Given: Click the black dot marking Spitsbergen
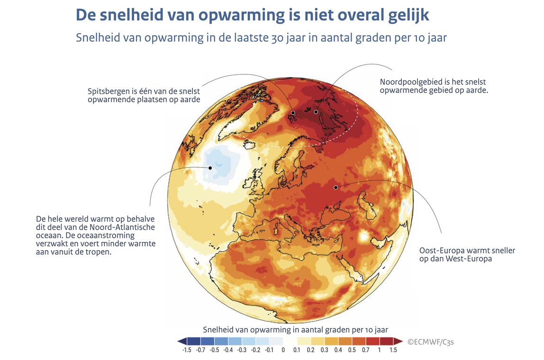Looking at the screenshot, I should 293,113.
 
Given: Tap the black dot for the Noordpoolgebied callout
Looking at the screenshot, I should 316,112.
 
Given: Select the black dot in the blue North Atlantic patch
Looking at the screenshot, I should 210,167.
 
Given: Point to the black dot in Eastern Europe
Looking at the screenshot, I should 335,187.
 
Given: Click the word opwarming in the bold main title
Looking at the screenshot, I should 237,15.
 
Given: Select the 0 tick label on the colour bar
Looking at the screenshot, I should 283,350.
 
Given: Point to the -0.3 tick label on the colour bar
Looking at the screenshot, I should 242,350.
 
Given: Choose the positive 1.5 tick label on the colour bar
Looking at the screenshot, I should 393,350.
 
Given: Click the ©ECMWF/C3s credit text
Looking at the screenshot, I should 428,341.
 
